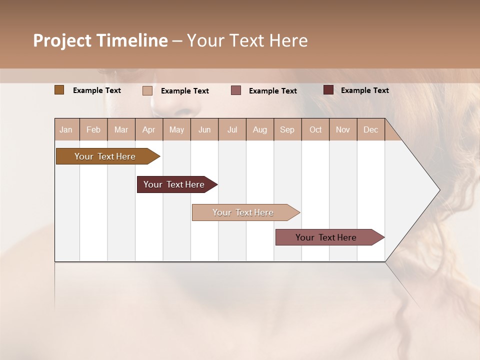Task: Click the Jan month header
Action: [66, 129]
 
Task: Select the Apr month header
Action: [149, 129]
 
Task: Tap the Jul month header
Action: [232, 129]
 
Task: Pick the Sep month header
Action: [287, 129]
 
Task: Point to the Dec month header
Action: [370, 129]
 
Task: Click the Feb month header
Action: [93, 129]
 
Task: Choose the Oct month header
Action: [315, 129]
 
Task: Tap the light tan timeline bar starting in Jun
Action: [243, 212]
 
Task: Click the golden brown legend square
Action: [59, 90]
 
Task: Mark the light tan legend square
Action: [147, 90]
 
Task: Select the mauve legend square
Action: [236, 90]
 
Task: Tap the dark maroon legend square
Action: [328, 90]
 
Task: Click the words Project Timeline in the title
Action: [100, 40]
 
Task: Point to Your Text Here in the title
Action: [247, 40]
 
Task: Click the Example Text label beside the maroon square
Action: [364, 90]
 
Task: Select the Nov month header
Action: [343, 129]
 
